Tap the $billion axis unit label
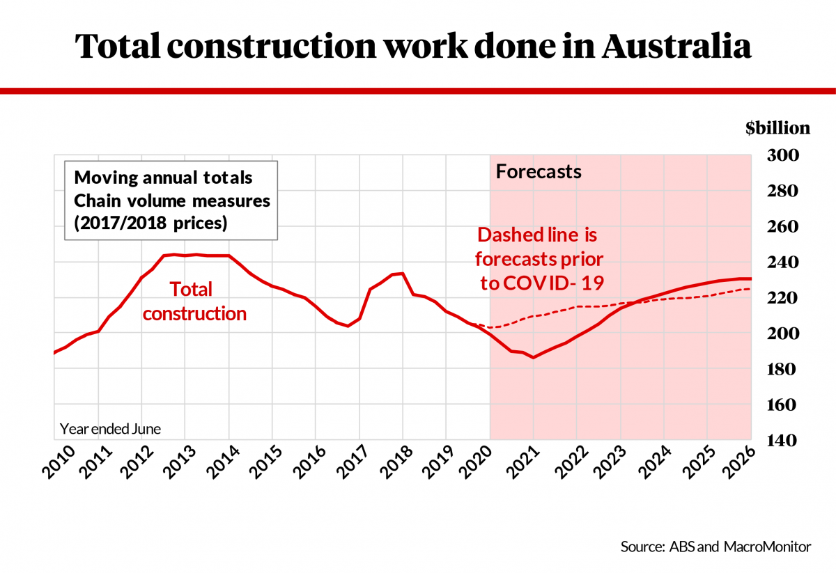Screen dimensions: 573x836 click(x=777, y=127)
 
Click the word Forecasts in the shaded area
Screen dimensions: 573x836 click(x=538, y=171)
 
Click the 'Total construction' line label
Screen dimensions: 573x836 click(x=194, y=301)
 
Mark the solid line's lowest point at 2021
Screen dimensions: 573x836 click(x=533, y=357)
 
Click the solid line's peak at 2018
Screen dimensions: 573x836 click(x=402, y=273)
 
